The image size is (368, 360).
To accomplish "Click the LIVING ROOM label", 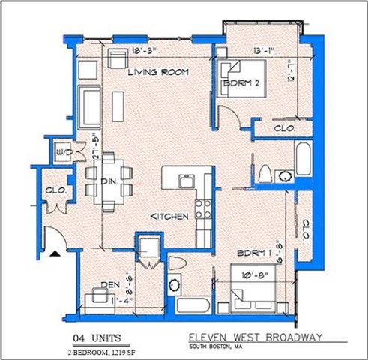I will [157, 72].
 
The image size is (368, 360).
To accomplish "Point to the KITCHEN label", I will [169, 216].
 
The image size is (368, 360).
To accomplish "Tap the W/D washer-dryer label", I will [65, 153].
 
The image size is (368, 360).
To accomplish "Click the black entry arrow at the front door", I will [54, 254].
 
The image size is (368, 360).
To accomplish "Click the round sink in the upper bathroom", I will [286, 177].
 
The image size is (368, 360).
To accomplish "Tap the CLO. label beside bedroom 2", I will [283, 128].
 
